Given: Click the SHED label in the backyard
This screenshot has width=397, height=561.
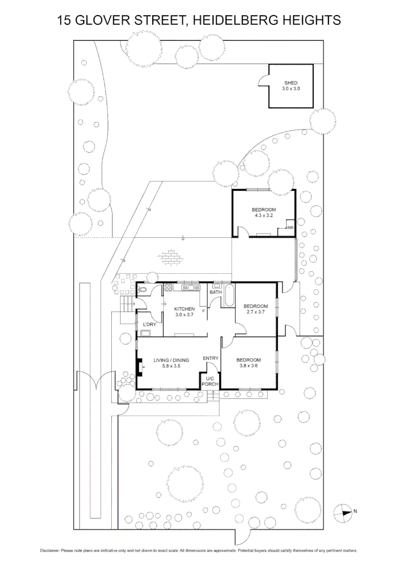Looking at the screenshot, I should pyautogui.click(x=291, y=83).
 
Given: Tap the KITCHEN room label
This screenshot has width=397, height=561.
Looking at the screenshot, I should pyautogui.click(x=184, y=309).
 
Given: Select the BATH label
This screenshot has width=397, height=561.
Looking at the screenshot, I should pyautogui.click(x=216, y=292).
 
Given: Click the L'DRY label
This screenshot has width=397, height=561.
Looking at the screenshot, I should pyautogui.click(x=150, y=325).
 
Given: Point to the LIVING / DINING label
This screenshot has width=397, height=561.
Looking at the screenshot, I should pyautogui.click(x=171, y=360).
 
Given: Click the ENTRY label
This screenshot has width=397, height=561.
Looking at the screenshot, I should pyautogui.click(x=210, y=358).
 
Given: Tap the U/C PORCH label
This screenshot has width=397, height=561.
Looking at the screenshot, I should pyautogui.click(x=210, y=382).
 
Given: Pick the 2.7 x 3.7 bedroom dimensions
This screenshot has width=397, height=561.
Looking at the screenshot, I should pyautogui.click(x=255, y=312).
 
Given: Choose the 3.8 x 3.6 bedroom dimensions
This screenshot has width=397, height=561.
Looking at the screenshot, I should pyautogui.click(x=248, y=366).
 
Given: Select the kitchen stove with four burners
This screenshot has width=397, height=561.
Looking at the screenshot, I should pyautogui.click(x=169, y=287).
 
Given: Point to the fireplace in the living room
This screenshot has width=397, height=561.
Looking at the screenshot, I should pyautogui.click(x=139, y=367).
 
